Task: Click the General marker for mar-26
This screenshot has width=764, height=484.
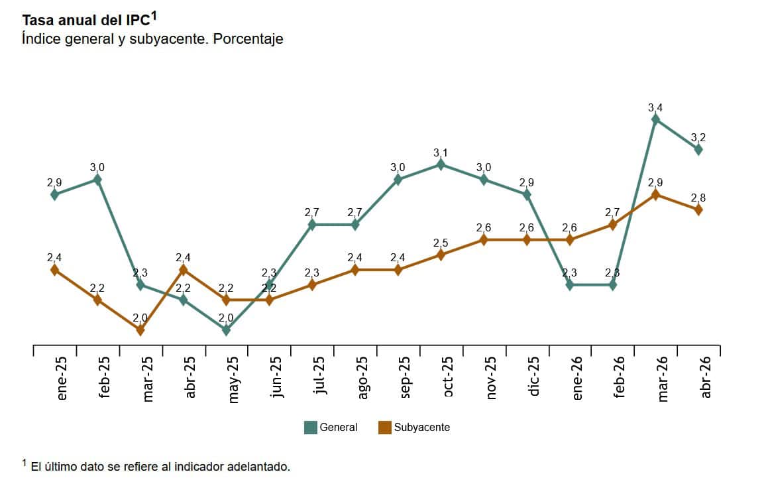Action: tap(655, 119)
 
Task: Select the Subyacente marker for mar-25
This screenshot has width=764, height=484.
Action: tap(140, 330)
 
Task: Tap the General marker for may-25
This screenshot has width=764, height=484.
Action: tap(226, 330)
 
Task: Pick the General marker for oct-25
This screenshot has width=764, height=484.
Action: tap(441, 164)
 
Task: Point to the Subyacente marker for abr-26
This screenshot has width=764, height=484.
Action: tap(698, 210)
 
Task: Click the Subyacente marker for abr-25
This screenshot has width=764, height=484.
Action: tap(184, 270)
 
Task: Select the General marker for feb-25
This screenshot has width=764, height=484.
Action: tap(97, 179)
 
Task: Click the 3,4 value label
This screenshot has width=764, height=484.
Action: tap(655, 107)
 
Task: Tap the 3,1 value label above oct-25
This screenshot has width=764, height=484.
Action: tap(441, 152)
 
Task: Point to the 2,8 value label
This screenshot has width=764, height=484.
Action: tap(698, 198)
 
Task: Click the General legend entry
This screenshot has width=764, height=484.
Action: tap(331, 428)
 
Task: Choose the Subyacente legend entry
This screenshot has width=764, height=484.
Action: tap(413, 428)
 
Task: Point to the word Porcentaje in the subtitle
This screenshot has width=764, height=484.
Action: tap(248, 39)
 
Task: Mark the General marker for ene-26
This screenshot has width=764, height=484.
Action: tap(570, 285)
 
